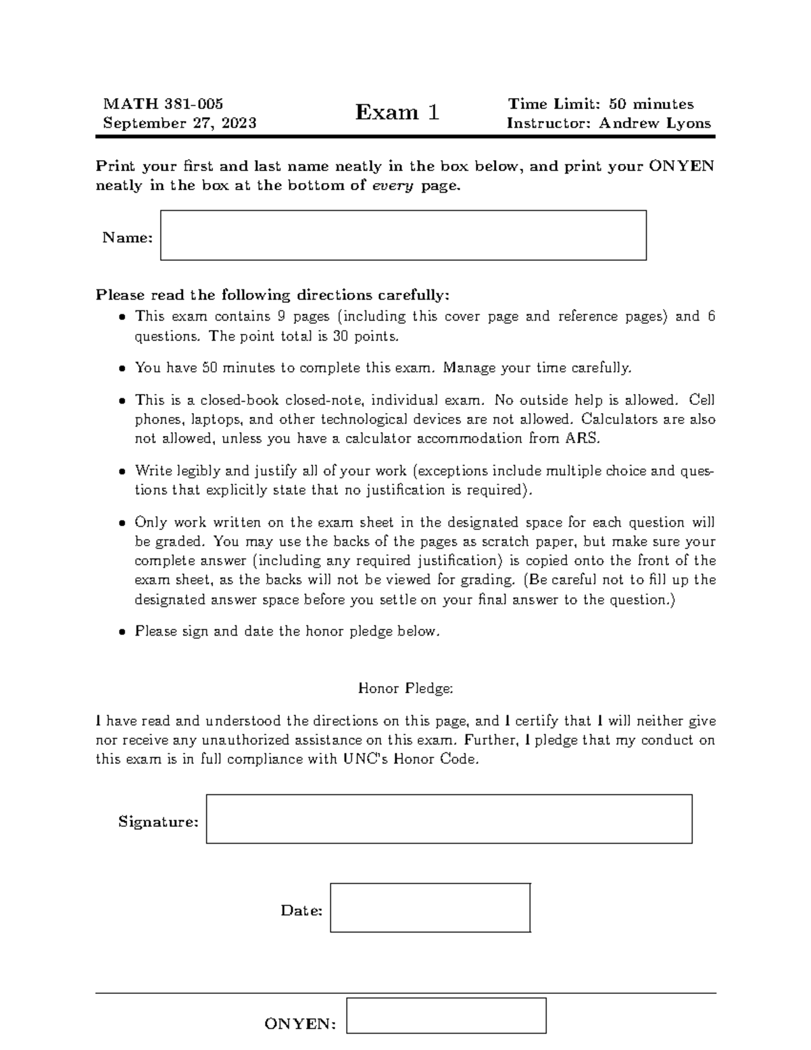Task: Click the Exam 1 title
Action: pyautogui.click(x=397, y=112)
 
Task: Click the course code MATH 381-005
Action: pyautogui.click(x=163, y=103)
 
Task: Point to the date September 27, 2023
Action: pyautogui.click(x=179, y=123)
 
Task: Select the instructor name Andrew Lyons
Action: pyautogui.click(x=655, y=123)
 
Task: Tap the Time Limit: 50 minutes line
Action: pyautogui.click(x=601, y=103)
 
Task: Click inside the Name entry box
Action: pyautogui.click(x=403, y=235)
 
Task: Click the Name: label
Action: pyautogui.click(x=127, y=237)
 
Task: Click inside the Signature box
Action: pyautogui.click(x=449, y=819)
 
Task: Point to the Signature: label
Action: pyautogui.click(x=158, y=821)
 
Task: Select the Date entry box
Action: pyautogui.click(x=430, y=908)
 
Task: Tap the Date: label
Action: pyautogui.click(x=301, y=911)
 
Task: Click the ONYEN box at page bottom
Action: pyautogui.click(x=446, y=1016)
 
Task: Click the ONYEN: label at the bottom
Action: pyautogui.click(x=300, y=1024)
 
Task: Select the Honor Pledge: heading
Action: pyautogui.click(x=405, y=688)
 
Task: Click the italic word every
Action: pyautogui.click(x=394, y=185)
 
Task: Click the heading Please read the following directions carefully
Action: pyautogui.click(x=272, y=295)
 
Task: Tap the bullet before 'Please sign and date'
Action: pyautogui.click(x=122, y=633)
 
